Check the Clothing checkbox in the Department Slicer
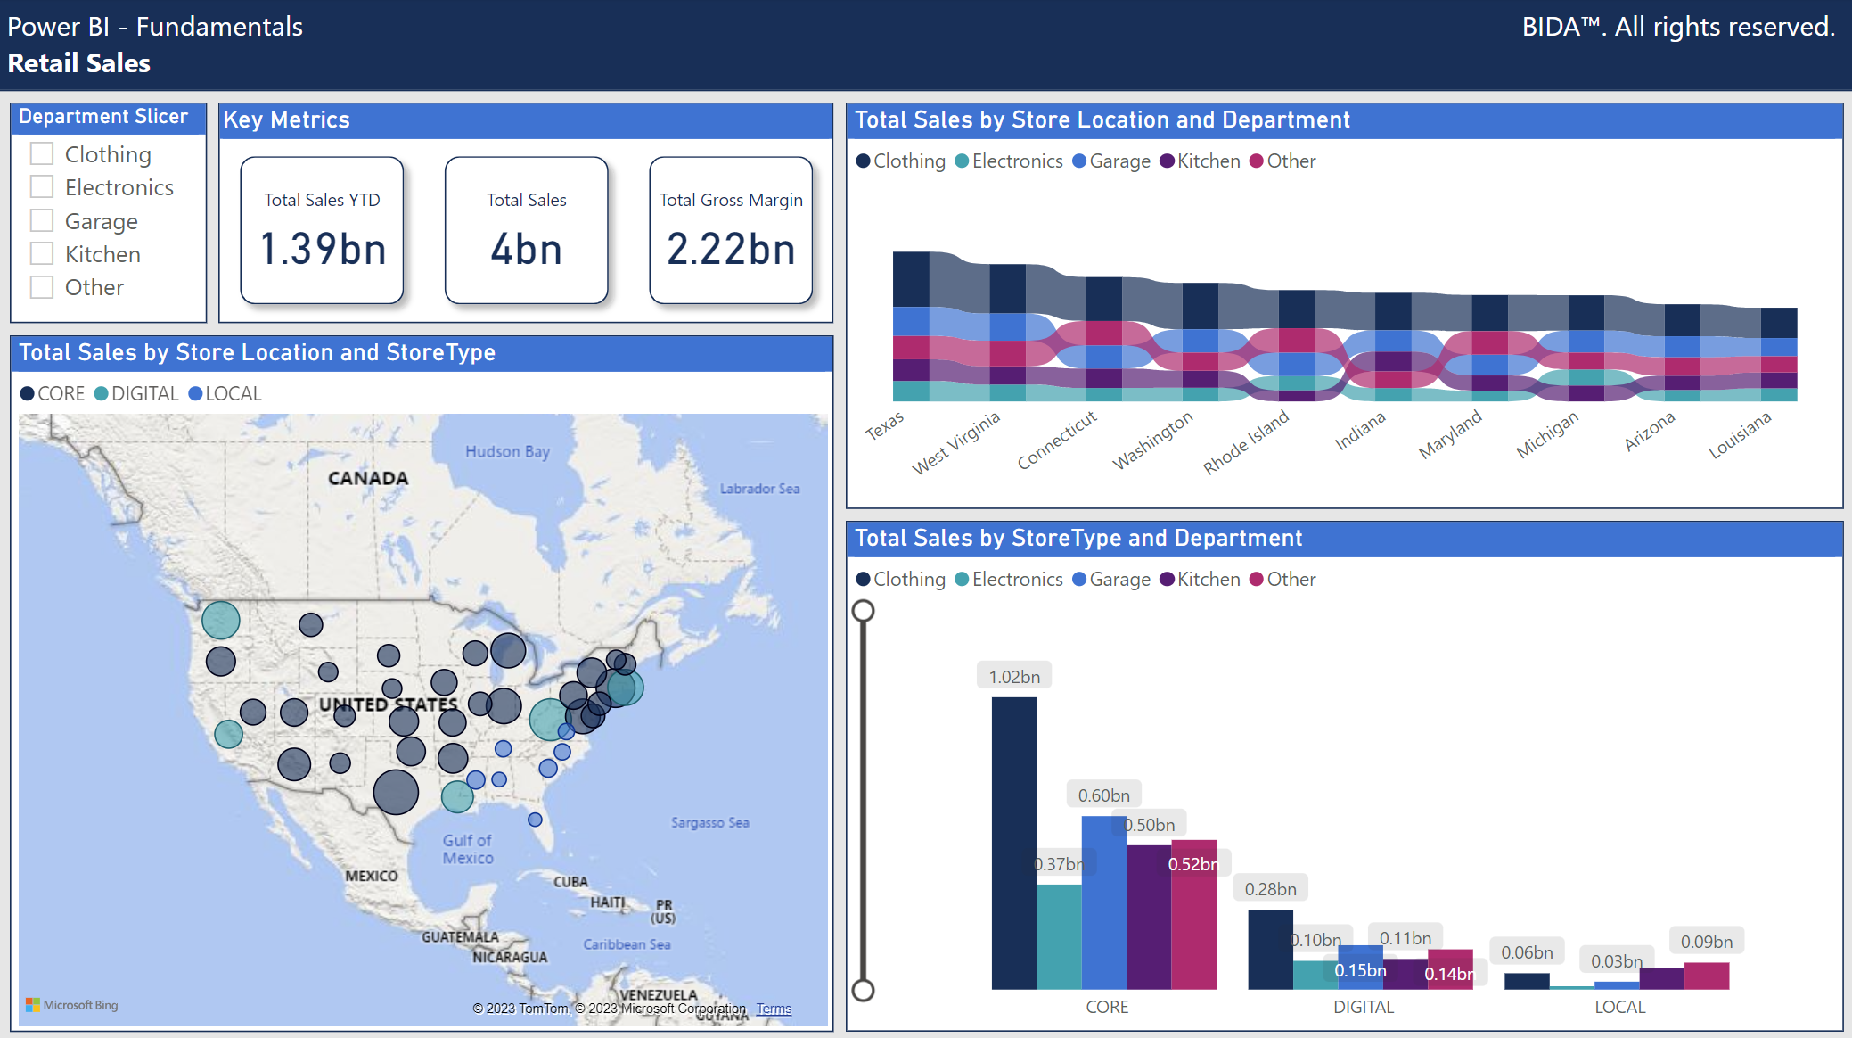coord(42,154)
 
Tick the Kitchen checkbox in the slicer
coord(42,254)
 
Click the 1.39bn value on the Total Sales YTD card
coord(323,249)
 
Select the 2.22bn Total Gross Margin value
coord(731,249)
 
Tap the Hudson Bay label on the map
coord(507,452)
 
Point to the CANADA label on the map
coord(368,479)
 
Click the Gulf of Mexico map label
coord(468,849)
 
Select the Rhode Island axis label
coord(1246,441)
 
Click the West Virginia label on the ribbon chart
coord(956,442)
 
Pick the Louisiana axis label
coord(1739,435)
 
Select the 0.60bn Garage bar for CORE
coord(1103,901)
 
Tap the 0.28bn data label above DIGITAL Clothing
coord(1270,889)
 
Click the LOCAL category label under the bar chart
coord(1619,1007)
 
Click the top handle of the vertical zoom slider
coord(863,611)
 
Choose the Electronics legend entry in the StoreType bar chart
coord(1009,580)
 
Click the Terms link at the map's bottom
coord(774,1009)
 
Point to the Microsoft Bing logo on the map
coord(72,1005)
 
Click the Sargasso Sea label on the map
coord(709,822)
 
